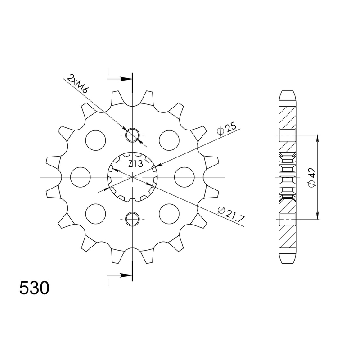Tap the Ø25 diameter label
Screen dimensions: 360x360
[226, 129]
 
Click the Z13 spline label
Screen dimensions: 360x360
[135, 164]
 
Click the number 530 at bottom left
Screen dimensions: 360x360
[34, 288]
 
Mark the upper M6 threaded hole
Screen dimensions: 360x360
[132, 134]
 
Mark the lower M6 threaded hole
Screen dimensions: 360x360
[132, 219]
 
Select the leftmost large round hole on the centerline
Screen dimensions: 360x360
[81, 177]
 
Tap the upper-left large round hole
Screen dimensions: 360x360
[95, 140]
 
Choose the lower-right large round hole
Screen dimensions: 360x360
[169, 213]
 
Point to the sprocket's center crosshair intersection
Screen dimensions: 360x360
[132, 177]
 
